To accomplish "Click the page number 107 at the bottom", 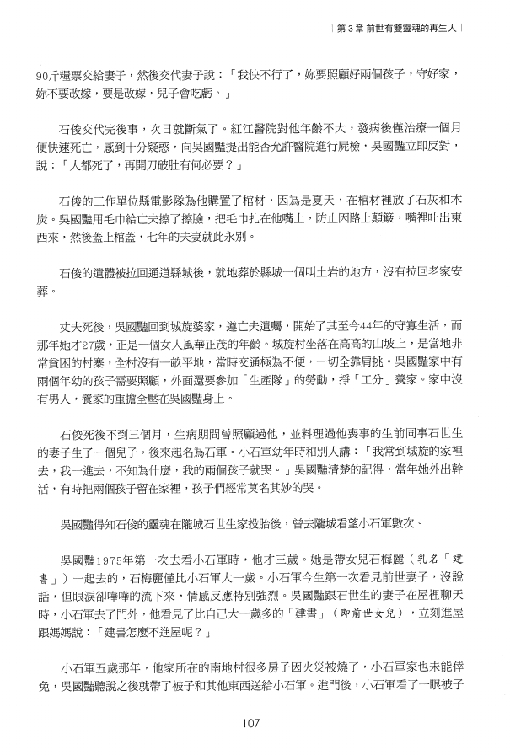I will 255,722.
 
